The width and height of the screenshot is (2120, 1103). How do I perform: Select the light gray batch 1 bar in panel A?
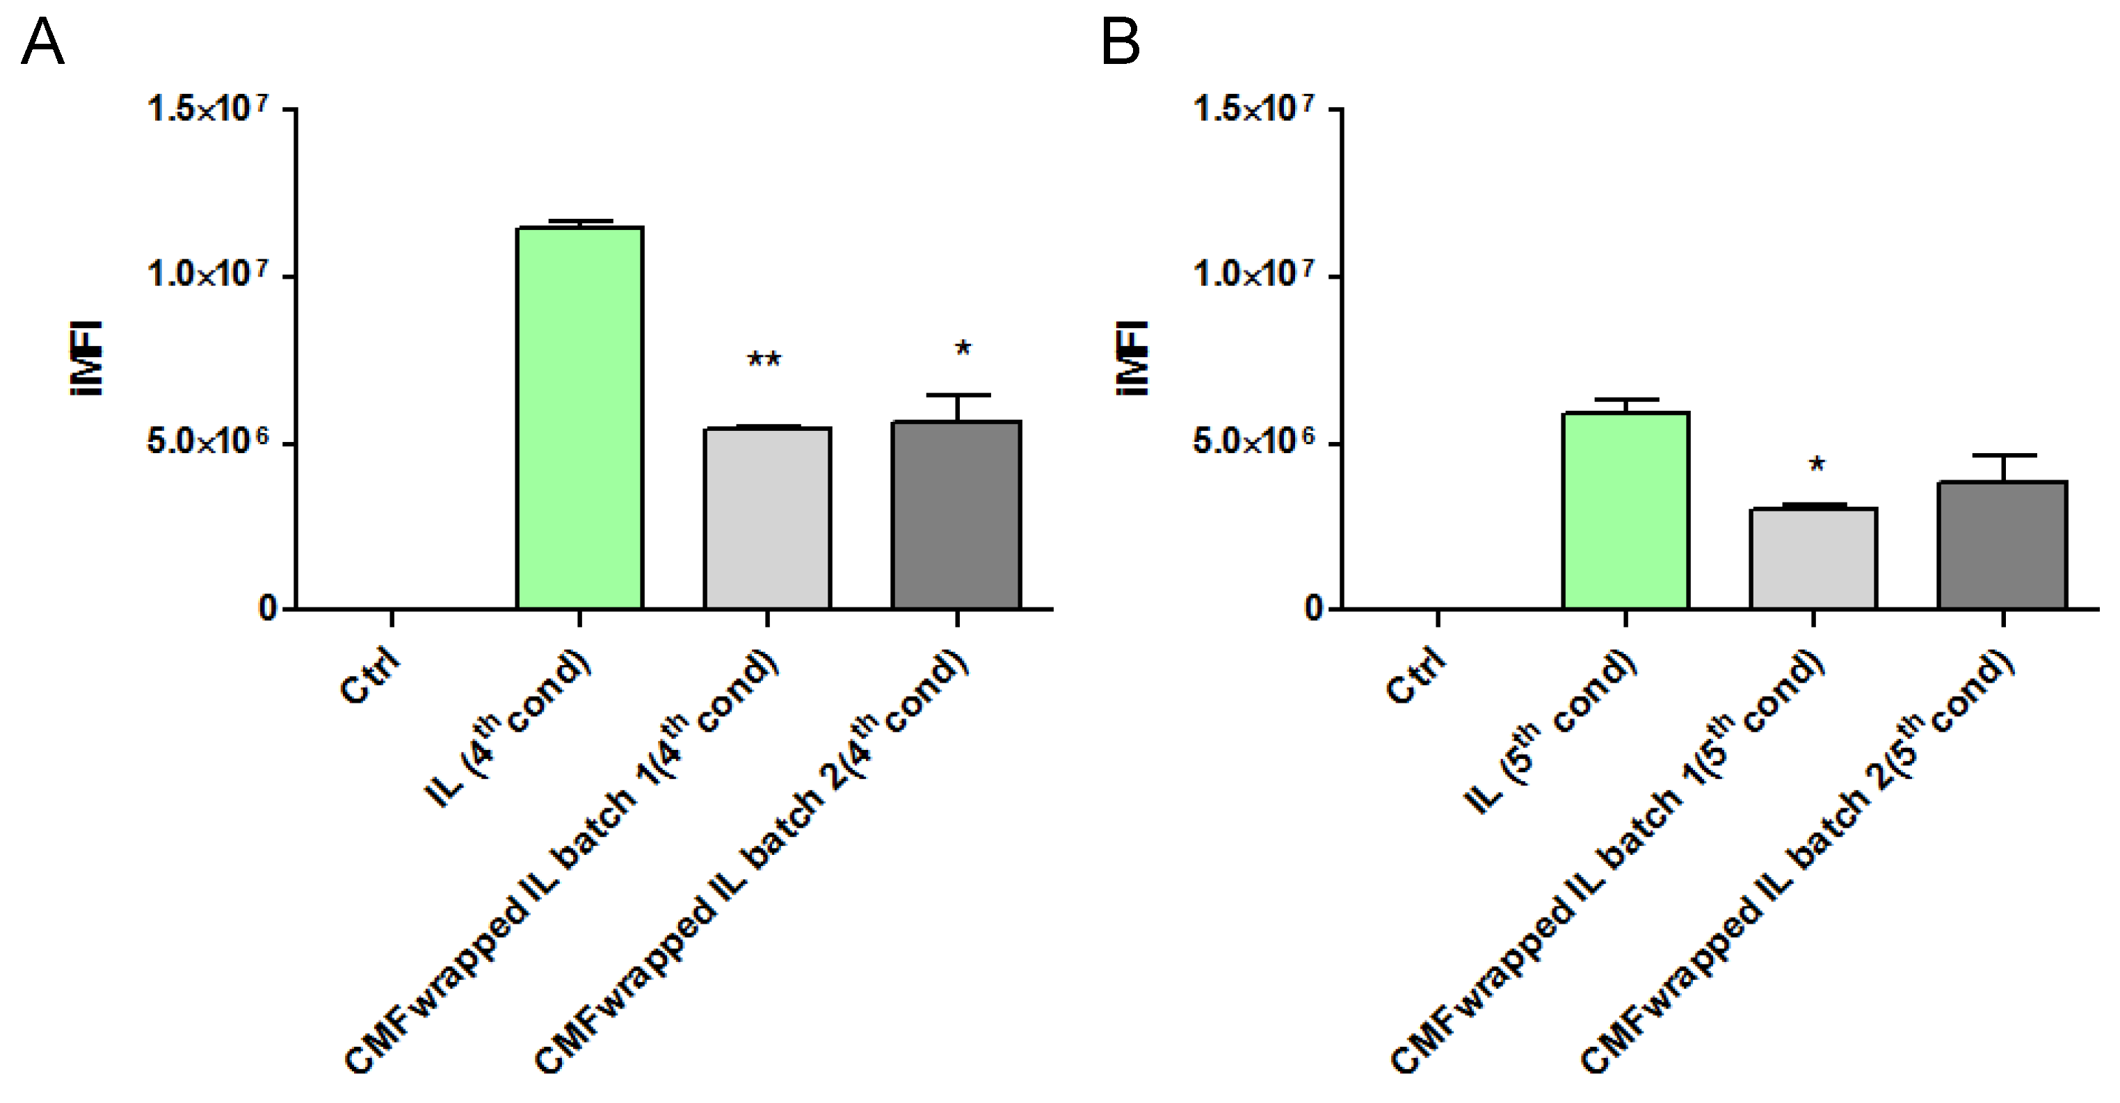click(767, 518)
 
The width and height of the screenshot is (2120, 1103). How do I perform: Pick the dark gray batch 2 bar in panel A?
click(956, 515)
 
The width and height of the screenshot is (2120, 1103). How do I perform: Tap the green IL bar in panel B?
click(1625, 510)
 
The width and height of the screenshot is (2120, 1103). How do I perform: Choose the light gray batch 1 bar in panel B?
click(1813, 559)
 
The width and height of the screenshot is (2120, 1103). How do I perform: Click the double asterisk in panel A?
click(764, 360)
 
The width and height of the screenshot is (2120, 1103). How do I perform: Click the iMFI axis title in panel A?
click(86, 359)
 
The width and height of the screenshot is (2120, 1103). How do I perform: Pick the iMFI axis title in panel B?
click(1132, 359)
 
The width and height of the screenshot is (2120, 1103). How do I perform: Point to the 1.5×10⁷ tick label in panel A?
click(207, 108)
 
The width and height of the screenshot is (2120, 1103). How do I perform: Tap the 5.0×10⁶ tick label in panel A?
click(207, 442)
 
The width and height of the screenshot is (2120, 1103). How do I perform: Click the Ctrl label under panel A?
click(369, 676)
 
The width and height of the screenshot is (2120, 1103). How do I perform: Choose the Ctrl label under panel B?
click(1415, 676)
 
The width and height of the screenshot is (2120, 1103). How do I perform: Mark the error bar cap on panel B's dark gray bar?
click(2002, 455)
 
